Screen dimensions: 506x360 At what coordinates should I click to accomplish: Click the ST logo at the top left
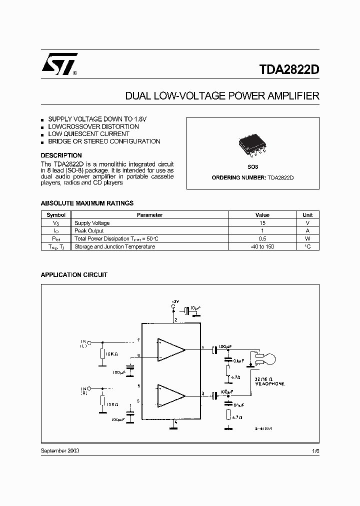(x=59, y=64)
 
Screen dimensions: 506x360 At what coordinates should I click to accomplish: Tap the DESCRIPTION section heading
(x=61, y=155)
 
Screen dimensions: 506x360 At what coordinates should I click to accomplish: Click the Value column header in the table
(x=262, y=215)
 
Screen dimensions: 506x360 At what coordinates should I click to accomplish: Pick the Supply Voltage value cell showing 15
(x=262, y=223)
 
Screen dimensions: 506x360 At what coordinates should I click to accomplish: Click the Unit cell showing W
(x=307, y=238)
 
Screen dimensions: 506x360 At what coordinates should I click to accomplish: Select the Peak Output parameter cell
(x=89, y=231)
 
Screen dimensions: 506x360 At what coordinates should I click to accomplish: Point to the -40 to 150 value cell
(x=262, y=246)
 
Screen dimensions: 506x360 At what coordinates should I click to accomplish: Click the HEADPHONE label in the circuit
(x=269, y=383)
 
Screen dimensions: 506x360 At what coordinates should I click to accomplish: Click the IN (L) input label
(x=83, y=343)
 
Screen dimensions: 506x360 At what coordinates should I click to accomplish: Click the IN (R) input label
(x=83, y=391)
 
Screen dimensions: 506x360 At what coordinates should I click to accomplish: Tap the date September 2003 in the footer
(x=59, y=450)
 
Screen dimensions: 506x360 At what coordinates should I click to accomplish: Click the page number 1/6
(x=315, y=450)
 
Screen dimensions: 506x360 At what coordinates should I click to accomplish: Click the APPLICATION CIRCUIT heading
(x=73, y=275)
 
